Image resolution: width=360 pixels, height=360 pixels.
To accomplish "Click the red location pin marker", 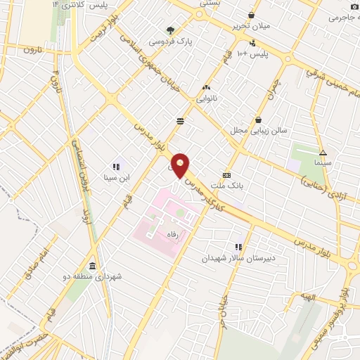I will (x=181, y=166).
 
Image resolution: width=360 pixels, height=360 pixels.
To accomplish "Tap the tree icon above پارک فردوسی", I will (x=170, y=30).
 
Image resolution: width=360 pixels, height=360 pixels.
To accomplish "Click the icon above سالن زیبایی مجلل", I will (x=259, y=120).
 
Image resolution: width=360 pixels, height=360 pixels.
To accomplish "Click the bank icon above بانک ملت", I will (x=226, y=175).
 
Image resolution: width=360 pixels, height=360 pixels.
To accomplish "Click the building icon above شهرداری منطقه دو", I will (x=94, y=265).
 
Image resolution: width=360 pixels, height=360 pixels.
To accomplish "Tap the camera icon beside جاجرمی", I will (x=354, y=6).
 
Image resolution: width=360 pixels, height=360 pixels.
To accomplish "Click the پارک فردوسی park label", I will (x=195, y=41).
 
